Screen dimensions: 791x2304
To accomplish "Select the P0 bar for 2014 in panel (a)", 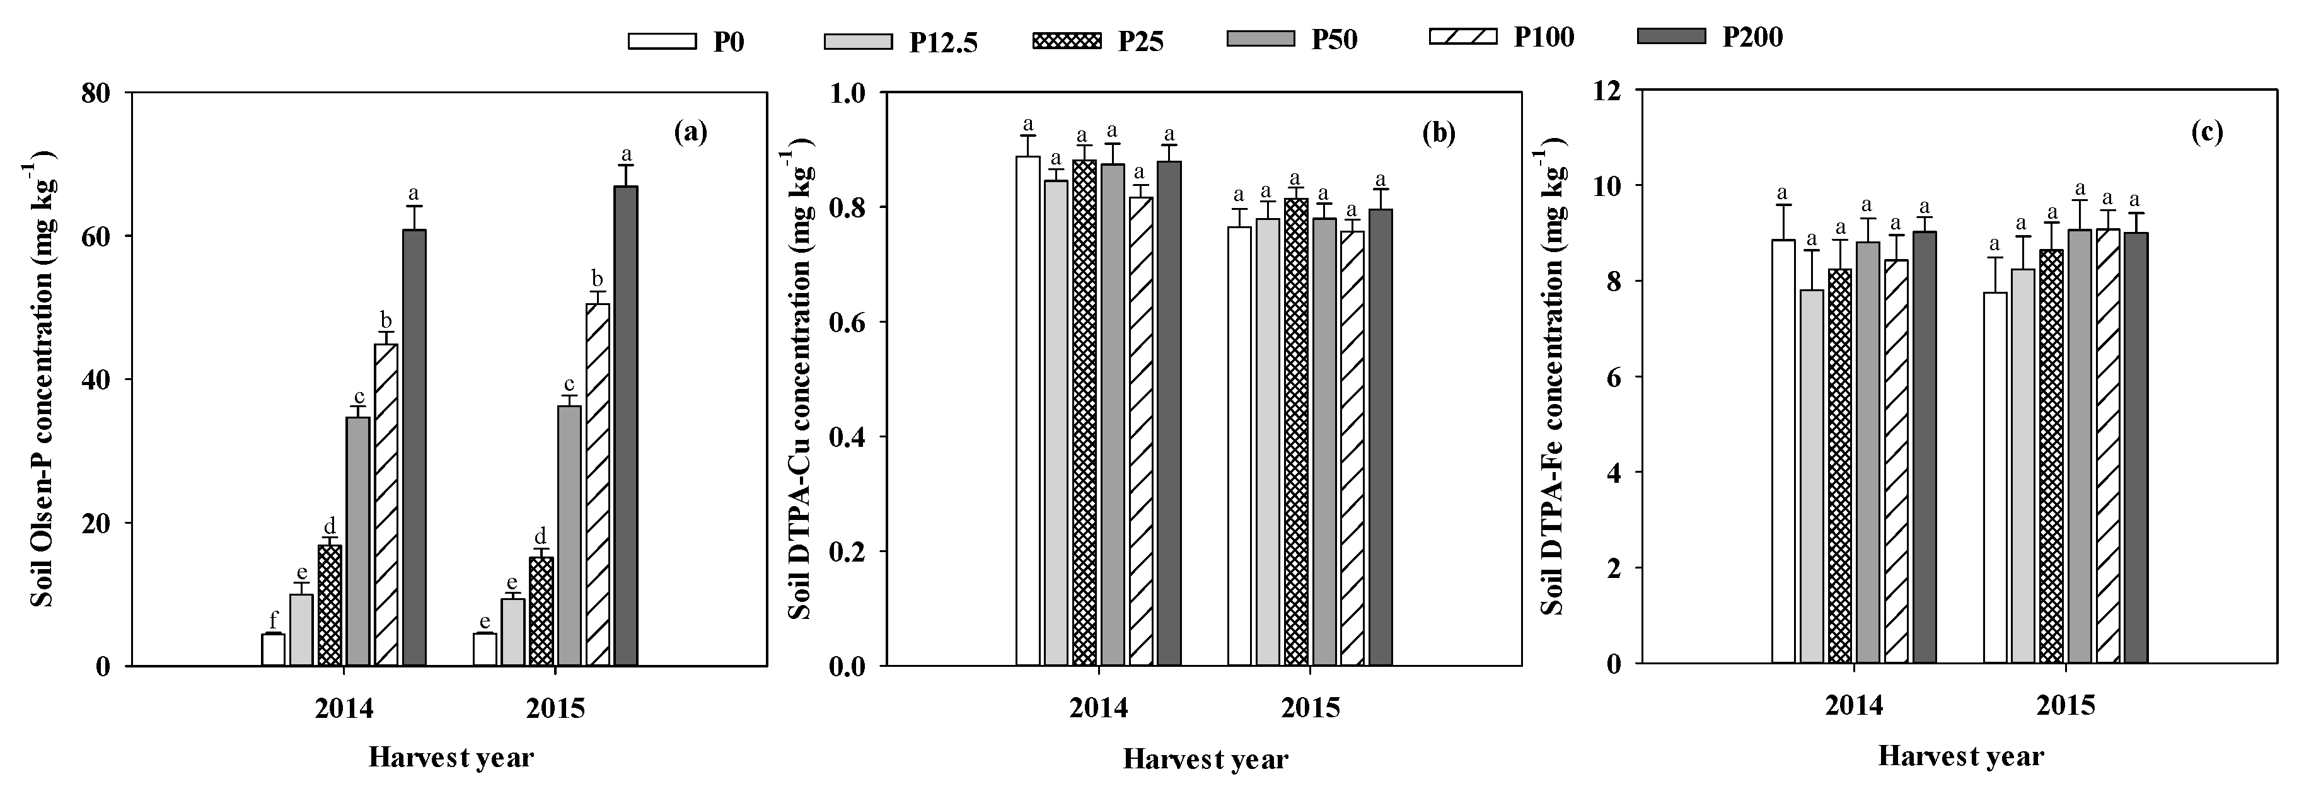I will (273, 650).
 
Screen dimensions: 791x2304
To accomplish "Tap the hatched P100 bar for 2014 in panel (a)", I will (386, 505).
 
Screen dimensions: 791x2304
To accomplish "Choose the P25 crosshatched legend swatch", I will (1066, 41).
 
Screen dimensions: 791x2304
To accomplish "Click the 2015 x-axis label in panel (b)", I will (1311, 709).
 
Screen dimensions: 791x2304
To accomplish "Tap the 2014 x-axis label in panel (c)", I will (1854, 706).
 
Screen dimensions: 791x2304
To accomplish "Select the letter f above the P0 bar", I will (273, 616).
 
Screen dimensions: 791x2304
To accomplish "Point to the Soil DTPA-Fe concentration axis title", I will (1554, 376).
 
